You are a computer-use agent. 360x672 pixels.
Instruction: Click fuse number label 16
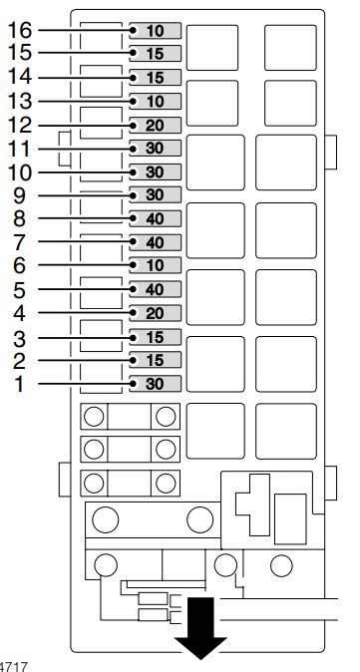[x=19, y=30]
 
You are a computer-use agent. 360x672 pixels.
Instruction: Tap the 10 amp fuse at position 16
[x=154, y=30]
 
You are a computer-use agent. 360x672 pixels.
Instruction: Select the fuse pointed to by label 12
[x=154, y=126]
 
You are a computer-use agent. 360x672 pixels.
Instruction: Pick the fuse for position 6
[x=154, y=266]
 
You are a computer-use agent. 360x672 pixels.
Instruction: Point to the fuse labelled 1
[x=154, y=384]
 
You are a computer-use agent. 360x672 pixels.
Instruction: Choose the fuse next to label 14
[x=154, y=78]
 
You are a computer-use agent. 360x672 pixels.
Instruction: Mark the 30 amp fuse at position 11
[x=154, y=149]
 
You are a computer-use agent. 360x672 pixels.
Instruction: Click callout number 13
[x=19, y=101]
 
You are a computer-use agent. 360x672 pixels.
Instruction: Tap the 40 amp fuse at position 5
[x=154, y=290]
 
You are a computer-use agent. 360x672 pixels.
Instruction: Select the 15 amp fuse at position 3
[x=154, y=337]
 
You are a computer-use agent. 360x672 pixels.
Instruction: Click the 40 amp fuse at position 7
[x=154, y=242]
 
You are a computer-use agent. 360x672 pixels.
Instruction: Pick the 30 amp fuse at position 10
[x=154, y=172]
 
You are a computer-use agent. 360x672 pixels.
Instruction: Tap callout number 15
[x=19, y=53]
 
